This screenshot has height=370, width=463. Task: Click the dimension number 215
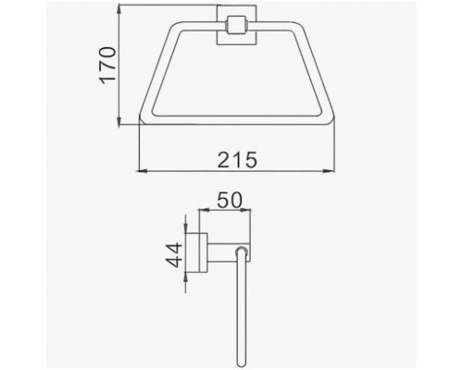coord(237,160)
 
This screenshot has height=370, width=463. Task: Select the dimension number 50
coord(230,200)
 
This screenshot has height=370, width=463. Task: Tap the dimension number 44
coord(173,254)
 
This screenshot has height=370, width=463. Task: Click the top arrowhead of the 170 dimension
coord(119,10)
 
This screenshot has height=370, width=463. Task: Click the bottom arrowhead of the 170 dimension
coord(119,120)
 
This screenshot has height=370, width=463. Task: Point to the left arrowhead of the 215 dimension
coord(142,170)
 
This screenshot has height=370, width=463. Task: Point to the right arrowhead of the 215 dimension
coord(329,170)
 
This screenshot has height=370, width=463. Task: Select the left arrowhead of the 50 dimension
coord(205,210)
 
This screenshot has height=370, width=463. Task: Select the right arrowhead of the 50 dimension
coord(245,210)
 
